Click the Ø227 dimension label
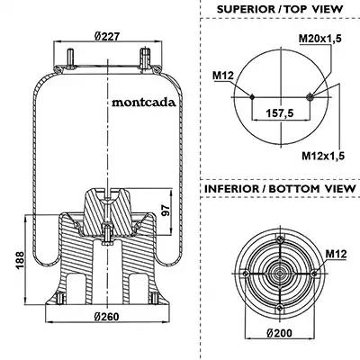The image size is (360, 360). point(107,37)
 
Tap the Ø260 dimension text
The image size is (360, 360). point(106,317)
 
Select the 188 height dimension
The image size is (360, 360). point(20,260)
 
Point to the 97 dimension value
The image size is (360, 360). point(166,211)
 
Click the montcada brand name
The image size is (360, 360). point(144,103)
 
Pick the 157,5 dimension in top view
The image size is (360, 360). point(280,113)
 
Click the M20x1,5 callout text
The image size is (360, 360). point(320,39)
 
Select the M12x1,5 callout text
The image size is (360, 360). point(323,156)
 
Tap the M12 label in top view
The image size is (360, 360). point(223,76)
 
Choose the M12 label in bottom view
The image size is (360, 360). point(337,254)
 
